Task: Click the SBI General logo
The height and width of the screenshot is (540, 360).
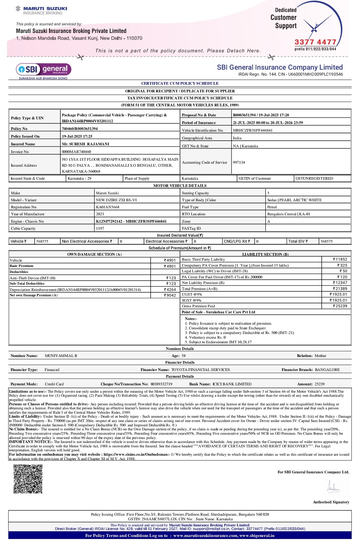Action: click(44, 71)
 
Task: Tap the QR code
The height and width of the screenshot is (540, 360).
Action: click(28, 479)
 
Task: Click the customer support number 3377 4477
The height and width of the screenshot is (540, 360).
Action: click(315, 42)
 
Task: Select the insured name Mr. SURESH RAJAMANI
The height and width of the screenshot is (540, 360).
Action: click(86, 144)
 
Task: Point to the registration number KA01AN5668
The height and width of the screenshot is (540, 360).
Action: click(108, 207)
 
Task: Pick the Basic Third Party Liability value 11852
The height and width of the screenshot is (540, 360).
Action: click(340, 259)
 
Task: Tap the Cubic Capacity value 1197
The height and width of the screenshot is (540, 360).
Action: click(100, 228)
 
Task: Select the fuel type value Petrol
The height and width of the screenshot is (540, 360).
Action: click(272, 207)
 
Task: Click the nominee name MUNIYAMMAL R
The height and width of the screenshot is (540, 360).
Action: click(61, 356)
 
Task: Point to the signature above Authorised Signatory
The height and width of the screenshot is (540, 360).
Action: click(333, 487)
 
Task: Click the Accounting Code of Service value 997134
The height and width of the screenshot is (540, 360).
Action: click(239, 162)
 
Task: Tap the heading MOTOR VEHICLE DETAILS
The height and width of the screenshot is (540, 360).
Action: click(180, 186)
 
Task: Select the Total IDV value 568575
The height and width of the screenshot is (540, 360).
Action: click(327, 241)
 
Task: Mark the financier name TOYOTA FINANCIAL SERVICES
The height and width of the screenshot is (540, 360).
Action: click(200, 370)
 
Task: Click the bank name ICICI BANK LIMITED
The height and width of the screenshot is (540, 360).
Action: click(232, 384)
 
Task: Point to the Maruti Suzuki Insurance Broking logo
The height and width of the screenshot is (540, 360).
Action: click(41, 10)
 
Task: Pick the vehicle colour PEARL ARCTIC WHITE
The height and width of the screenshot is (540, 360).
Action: click(300, 200)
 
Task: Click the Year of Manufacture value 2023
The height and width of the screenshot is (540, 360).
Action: click(100, 214)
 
